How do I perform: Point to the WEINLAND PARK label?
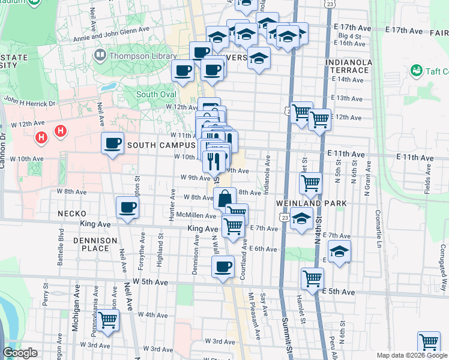(x=312, y=203)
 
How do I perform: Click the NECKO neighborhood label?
(x=72, y=214)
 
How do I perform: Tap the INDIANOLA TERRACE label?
(x=348, y=66)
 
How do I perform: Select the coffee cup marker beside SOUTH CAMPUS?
(x=112, y=143)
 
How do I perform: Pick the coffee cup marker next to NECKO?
(x=127, y=208)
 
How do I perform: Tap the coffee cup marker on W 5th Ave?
(x=223, y=266)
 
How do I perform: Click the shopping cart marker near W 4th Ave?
(x=108, y=321)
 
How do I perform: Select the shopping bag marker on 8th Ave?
(x=224, y=198)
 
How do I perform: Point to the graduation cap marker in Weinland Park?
(x=301, y=220)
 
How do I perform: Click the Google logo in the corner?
(x=20, y=353)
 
